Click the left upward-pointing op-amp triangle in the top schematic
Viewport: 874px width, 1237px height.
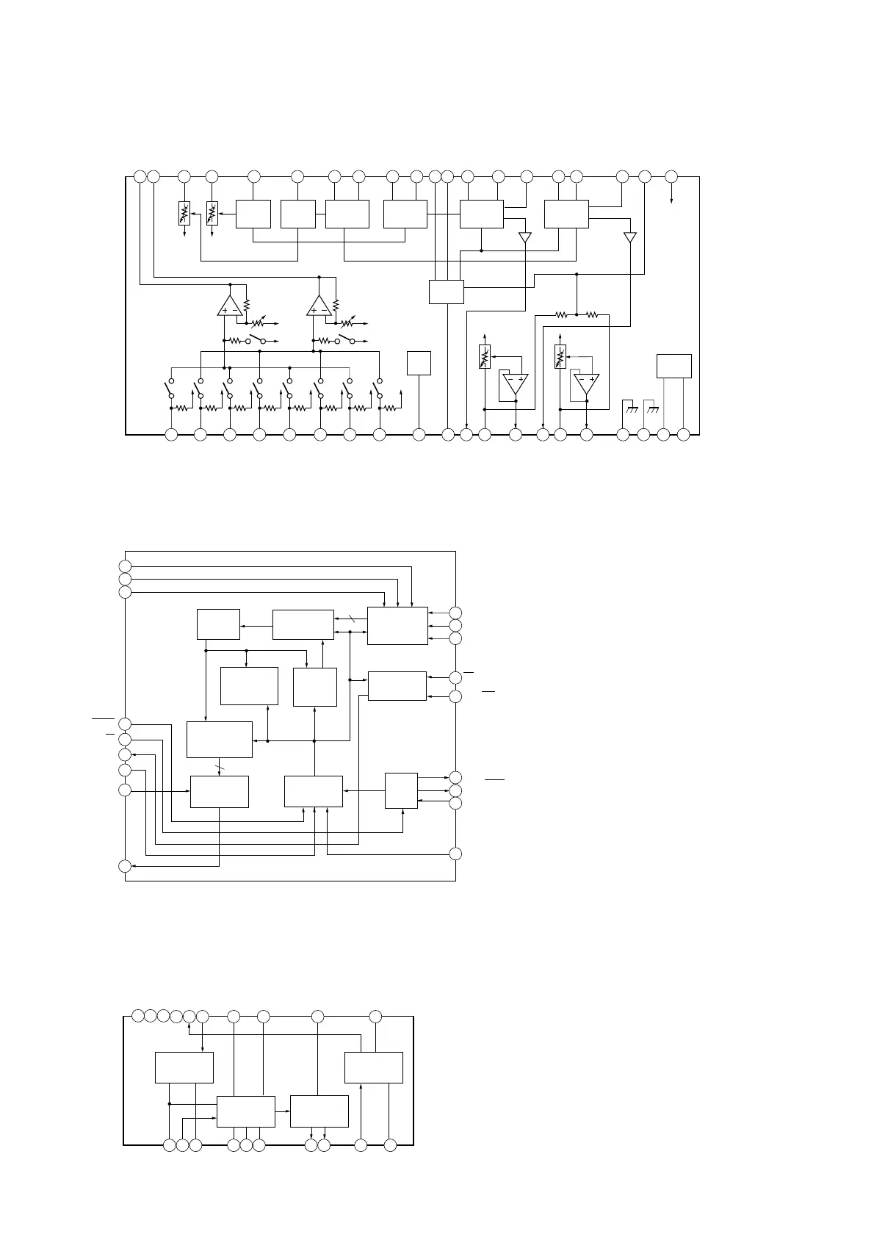point(230,307)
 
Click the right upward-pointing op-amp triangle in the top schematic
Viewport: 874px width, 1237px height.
point(319,307)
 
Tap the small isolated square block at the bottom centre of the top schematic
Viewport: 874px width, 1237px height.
point(419,364)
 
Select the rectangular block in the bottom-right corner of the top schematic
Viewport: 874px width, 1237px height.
point(673,366)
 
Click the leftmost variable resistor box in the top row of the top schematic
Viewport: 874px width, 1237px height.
point(184,213)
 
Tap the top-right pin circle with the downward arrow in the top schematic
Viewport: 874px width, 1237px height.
point(671,177)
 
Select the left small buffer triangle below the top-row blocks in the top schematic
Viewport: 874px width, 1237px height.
point(524,237)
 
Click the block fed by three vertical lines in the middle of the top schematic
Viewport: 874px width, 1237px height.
point(447,292)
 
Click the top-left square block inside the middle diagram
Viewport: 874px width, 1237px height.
point(219,624)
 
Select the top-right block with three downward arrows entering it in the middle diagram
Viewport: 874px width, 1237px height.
point(397,626)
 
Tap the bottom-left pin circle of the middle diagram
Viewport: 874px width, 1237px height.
point(125,866)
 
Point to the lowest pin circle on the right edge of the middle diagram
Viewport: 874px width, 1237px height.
point(455,854)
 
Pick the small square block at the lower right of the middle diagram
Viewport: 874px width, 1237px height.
point(401,790)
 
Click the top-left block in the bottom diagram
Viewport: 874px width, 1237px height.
point(184,1067)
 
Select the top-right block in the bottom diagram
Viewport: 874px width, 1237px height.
point(374,1067)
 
